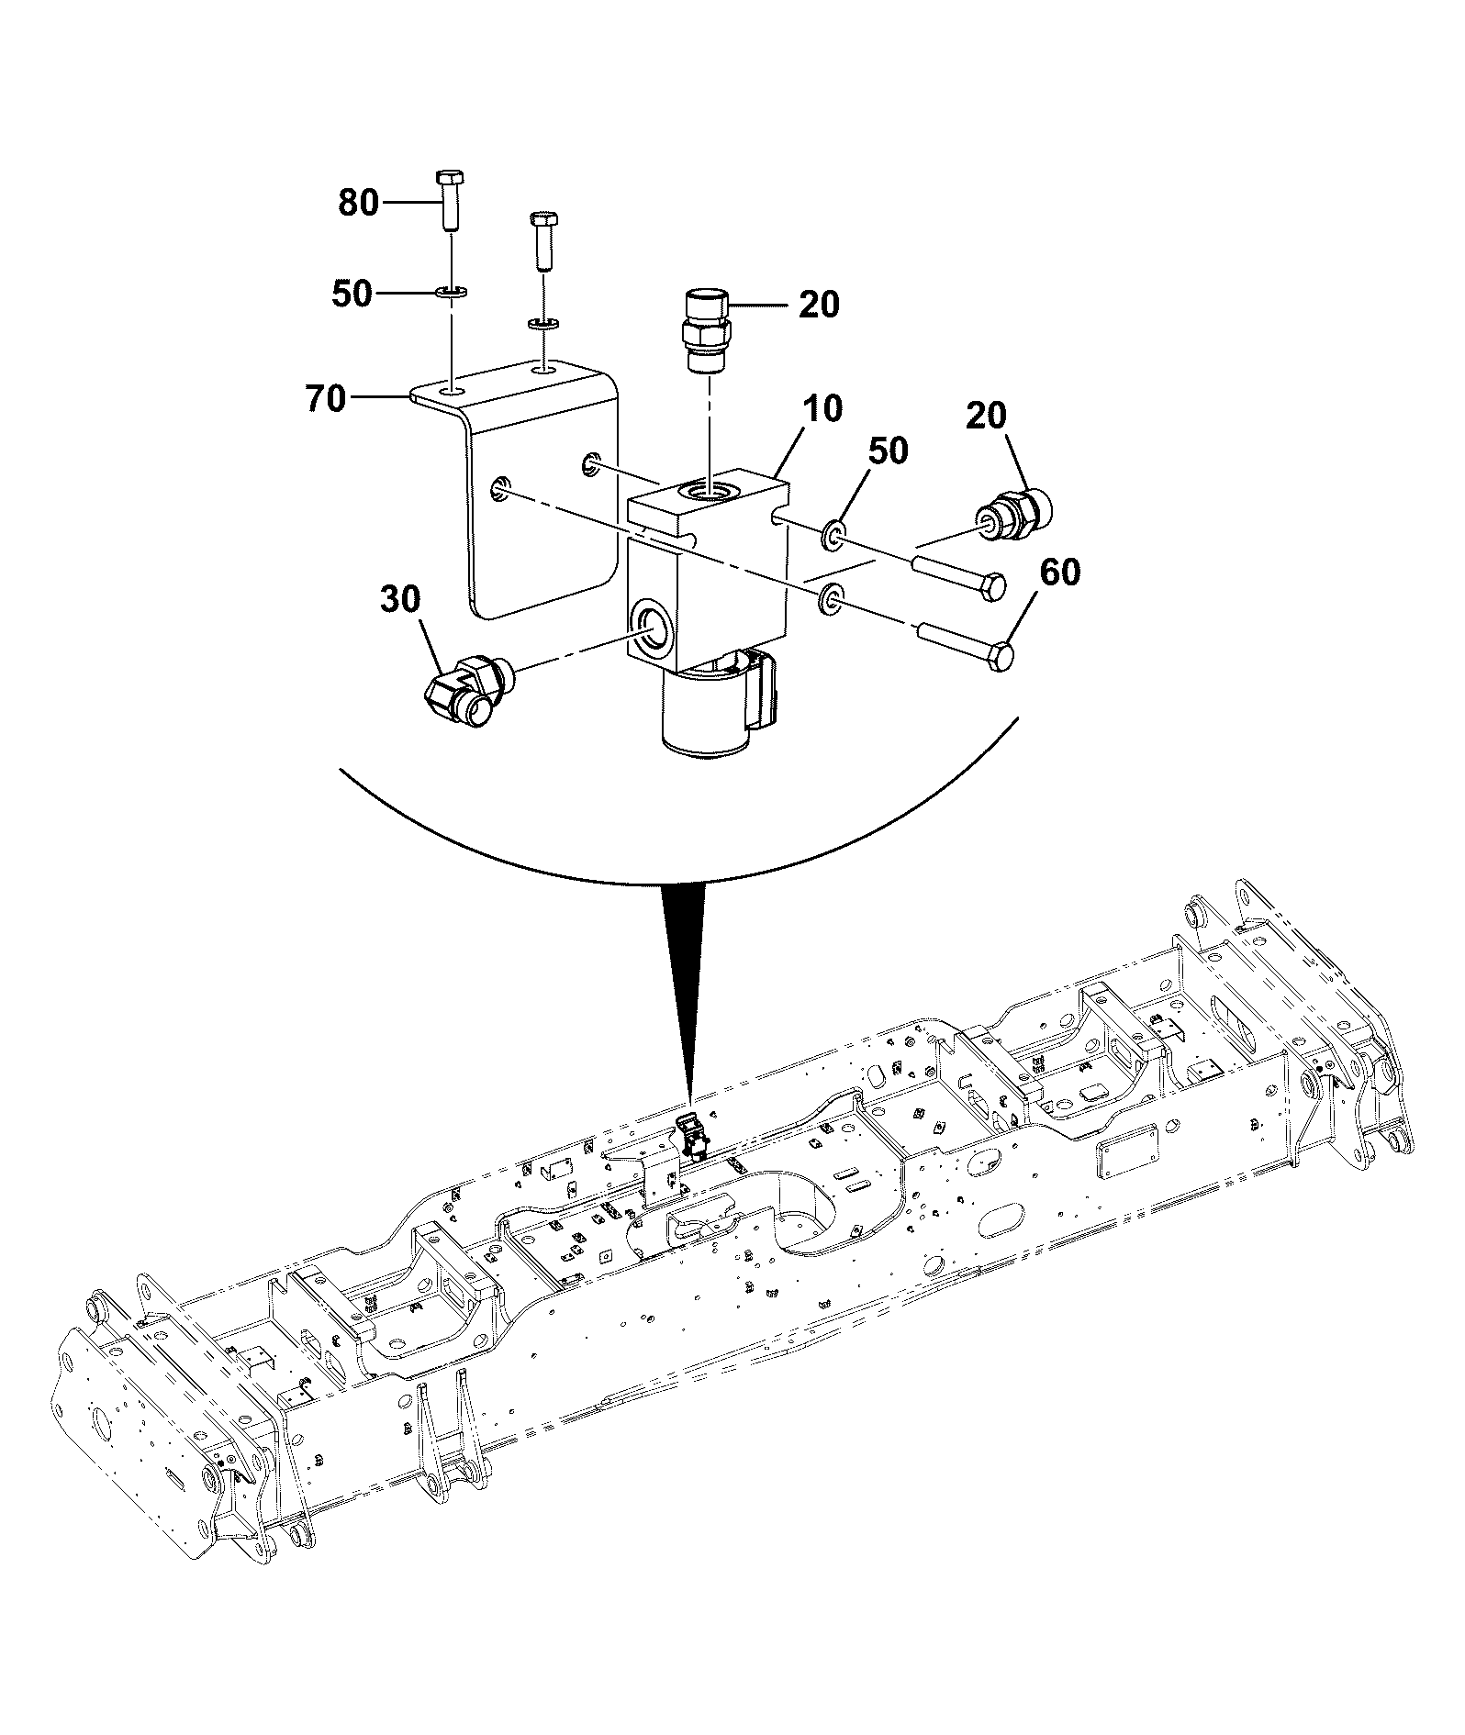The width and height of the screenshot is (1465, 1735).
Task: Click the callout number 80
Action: click(x=358, y=203)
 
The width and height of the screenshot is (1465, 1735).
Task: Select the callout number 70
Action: click(x=326, y=399)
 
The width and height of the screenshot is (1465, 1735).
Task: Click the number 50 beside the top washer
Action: click(x=352, y=294)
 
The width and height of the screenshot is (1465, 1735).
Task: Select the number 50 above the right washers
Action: click(x=888, y=450)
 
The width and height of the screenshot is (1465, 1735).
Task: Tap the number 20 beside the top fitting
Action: click(x=819, y=305)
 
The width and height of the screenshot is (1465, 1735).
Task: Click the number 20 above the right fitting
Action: click(x=986, y=417)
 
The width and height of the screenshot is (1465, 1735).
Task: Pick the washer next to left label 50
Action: click(x=451, y=293)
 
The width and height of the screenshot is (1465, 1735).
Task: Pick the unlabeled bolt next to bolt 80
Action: click(x=542, y=241)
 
